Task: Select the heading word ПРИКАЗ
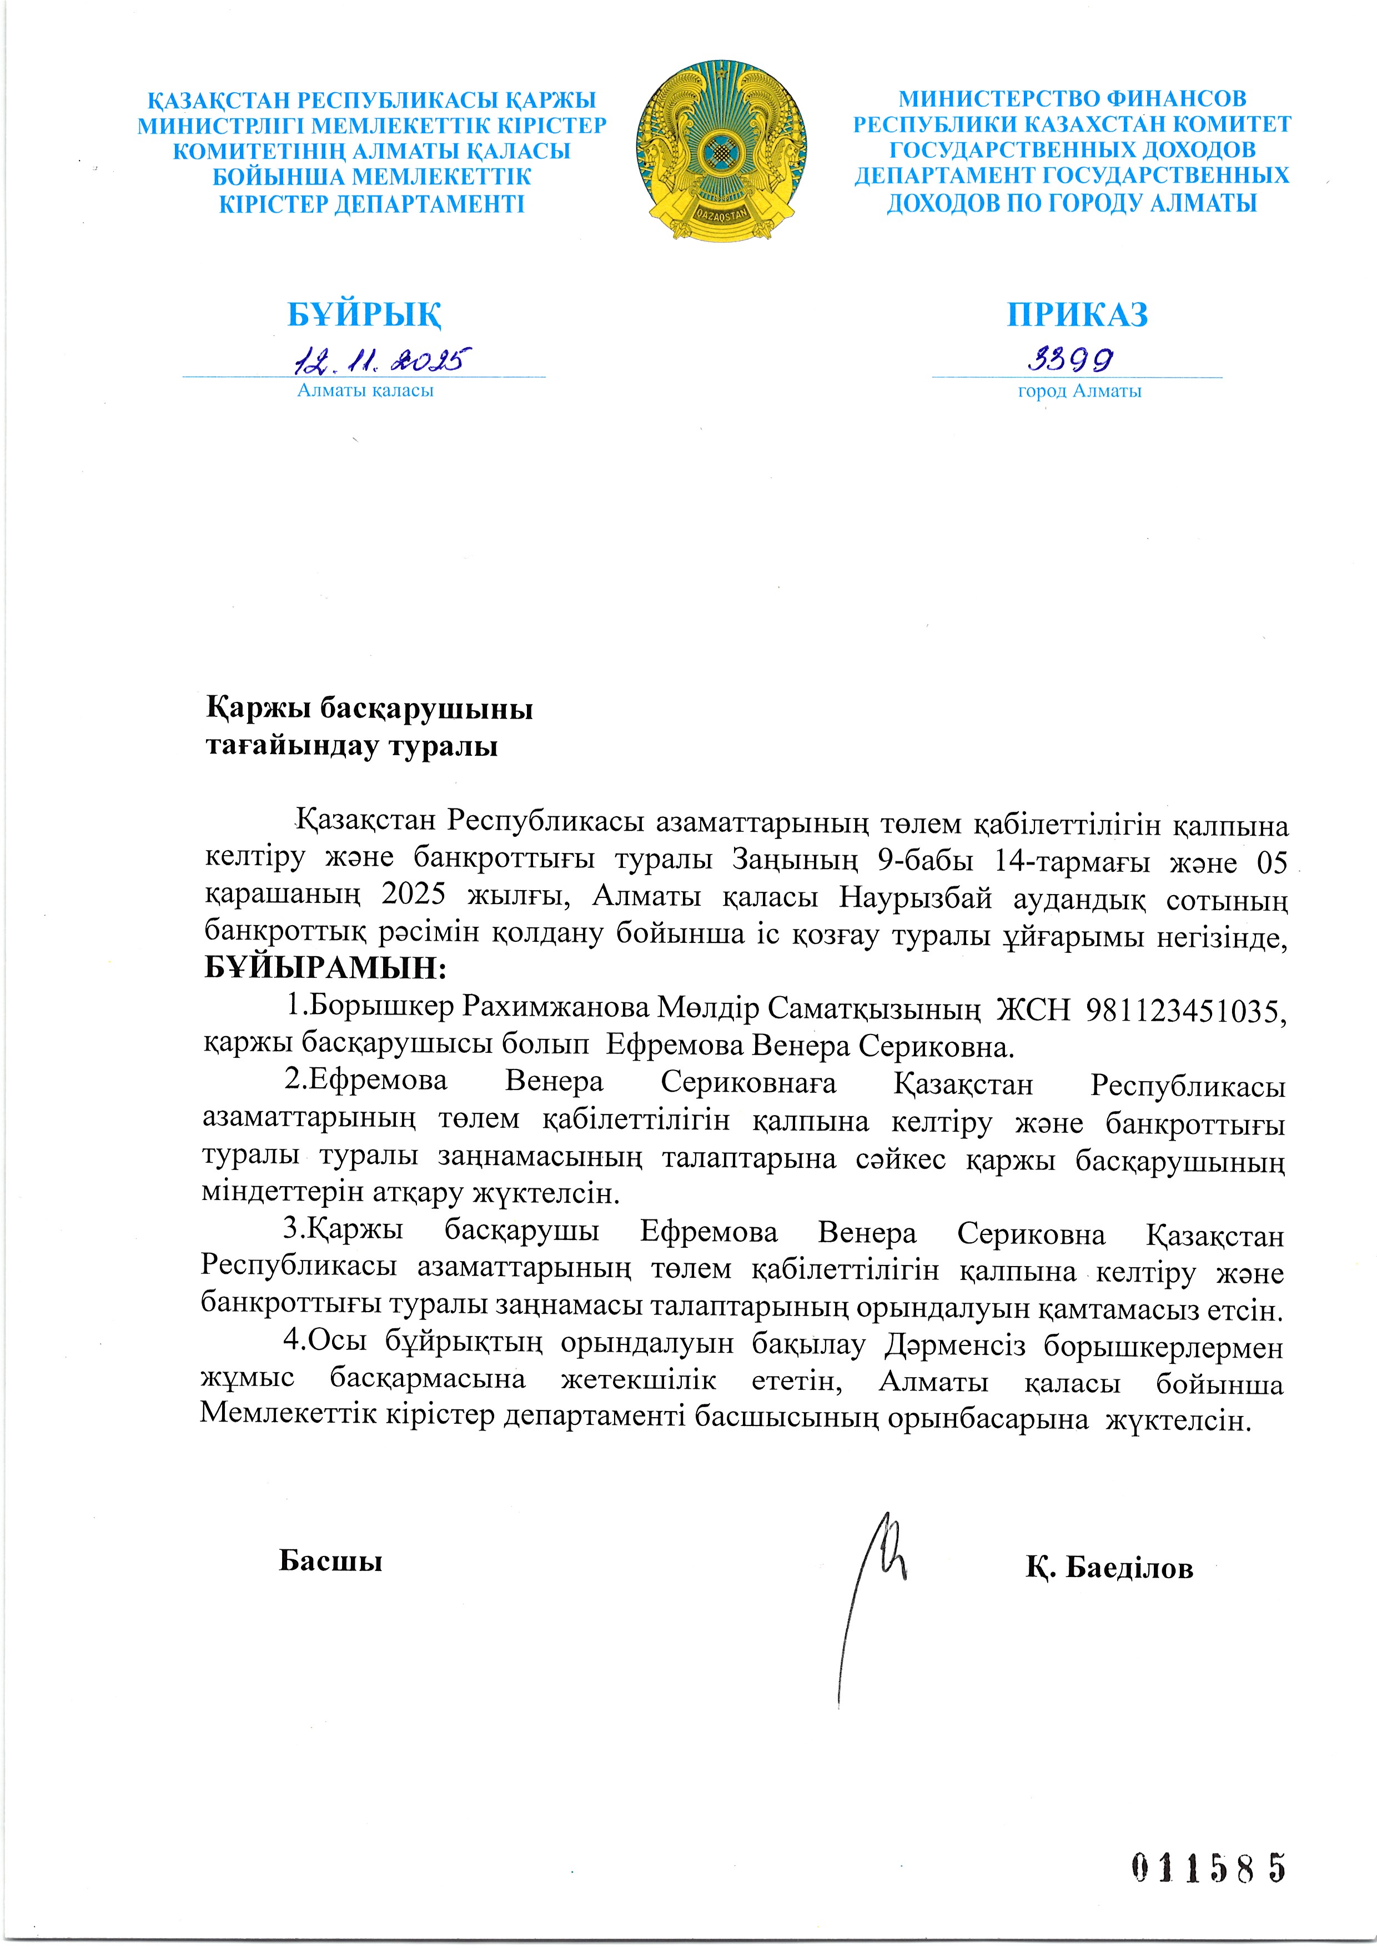click(1078, 315)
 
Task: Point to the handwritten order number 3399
click(1071, 360)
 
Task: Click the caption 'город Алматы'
click(1079, 391)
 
